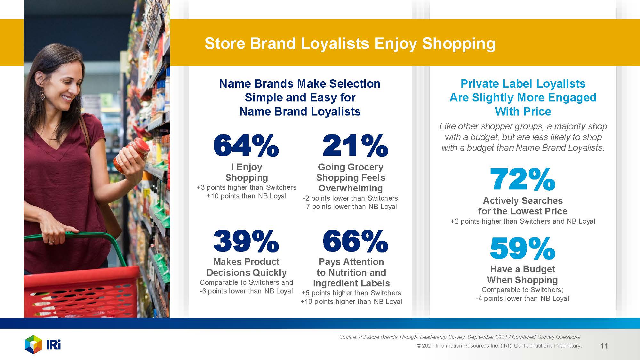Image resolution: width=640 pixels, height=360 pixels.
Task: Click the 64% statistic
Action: click(246, 146)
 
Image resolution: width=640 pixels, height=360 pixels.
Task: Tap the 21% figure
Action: click(355, 146)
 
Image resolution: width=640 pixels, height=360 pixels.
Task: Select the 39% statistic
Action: click(246, 241)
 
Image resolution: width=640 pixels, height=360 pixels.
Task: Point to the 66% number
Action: click(355, 241)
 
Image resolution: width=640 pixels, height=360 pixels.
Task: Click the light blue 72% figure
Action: click(523, 179)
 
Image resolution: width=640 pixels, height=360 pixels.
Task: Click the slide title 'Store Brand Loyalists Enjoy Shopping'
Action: click(350, 44)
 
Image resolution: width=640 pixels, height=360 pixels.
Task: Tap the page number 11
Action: click(604, 346)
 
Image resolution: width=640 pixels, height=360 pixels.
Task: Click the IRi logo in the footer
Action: click(43, 345)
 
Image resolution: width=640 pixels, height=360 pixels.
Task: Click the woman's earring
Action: click(42, 94)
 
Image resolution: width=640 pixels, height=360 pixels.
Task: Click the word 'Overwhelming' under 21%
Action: click(350, 188)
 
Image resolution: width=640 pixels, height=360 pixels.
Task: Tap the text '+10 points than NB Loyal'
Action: click(246, 196)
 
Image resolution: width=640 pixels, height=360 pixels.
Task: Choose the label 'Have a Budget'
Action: click(523, 269)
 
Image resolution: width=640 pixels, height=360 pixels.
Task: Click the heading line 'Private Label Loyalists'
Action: click(523, 84)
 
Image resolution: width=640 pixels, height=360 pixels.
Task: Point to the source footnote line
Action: click(460, 337)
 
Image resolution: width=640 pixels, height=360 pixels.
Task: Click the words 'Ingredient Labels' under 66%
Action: click(351, 283)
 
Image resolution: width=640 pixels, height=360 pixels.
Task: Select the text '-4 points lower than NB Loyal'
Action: click(522, 299)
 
